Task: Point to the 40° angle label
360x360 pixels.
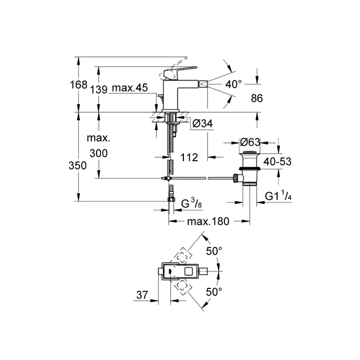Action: pos(234,83)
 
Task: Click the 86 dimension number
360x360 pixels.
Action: pos(257,99)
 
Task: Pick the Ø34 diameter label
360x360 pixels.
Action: pos(203,123)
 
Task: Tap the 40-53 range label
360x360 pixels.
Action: pos(278,162)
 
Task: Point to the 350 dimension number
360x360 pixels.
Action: pos(79,166)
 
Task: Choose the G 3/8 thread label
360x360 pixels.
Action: pos(191,204)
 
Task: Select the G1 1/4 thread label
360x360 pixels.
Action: pos(278,197)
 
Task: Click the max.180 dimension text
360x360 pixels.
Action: pos(205,221)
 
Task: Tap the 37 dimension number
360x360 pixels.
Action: pos(142,294)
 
